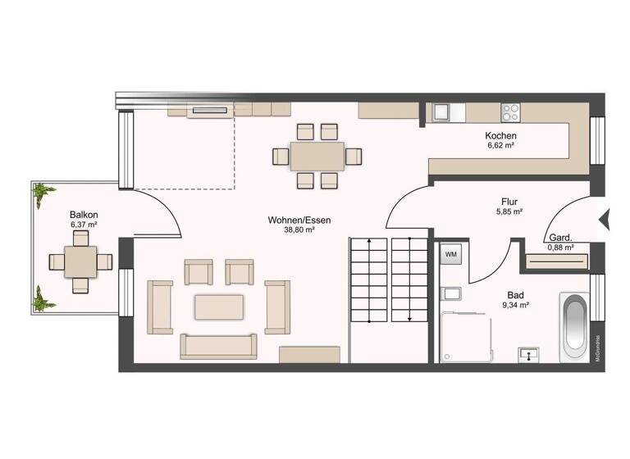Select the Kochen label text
[x=500, y=136]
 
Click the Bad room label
[x=516, y=294]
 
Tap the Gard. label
[x=560, y=239]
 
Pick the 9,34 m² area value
[x=516, y=305]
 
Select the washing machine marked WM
[x=451, y=254]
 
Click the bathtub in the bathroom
[x=573, y=327]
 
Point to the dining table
[x=317, y=156]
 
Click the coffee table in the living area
[x=219, y=307]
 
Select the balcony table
[x=80, y=261]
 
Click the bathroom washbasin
[x=530, y=354]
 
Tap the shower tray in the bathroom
[x=466, y=336]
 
